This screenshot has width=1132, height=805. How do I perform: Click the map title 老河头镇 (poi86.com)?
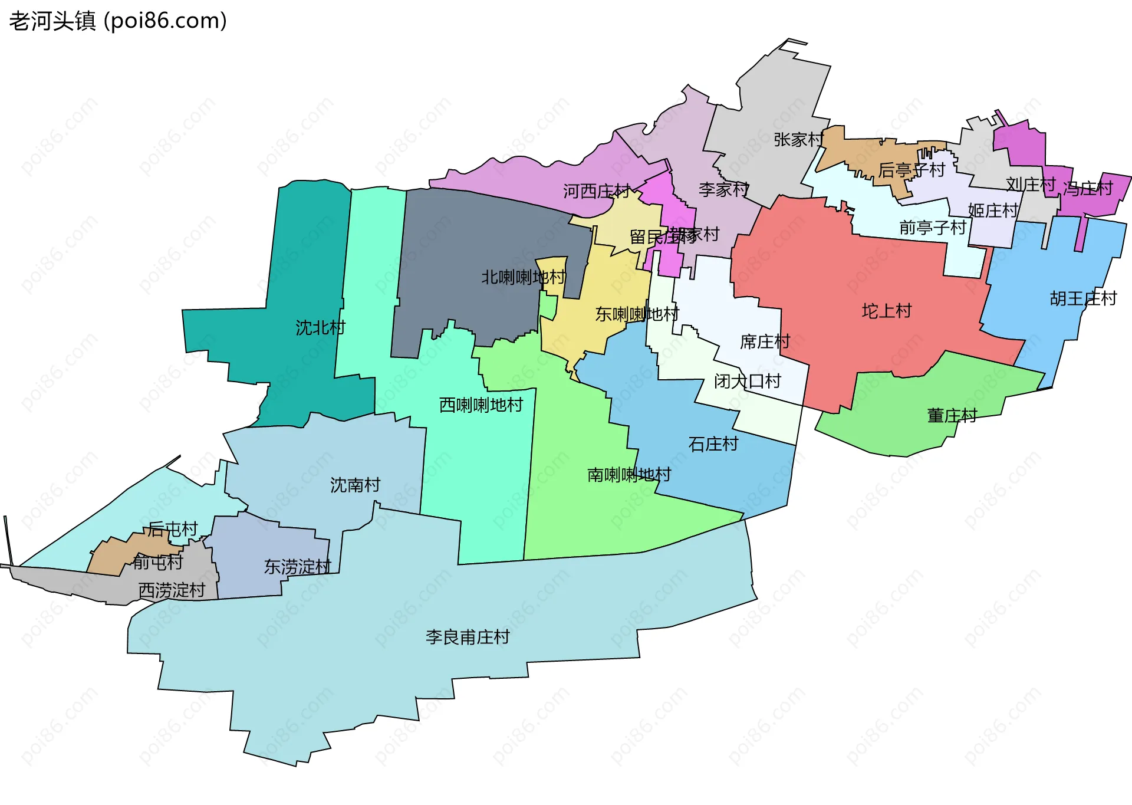[118, 21]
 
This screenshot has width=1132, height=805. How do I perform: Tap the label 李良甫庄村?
[468, 637]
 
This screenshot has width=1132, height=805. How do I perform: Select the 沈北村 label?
[320, 328]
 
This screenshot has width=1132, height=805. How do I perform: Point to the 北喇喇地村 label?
[524, 277]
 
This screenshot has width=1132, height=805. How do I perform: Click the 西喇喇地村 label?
[481, 405]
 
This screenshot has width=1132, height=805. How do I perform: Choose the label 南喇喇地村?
[629, 475]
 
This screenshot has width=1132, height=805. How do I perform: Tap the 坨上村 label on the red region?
[886, 311]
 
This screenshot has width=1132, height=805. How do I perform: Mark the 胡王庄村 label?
[1083, 298]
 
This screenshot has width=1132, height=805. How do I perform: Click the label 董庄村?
[952, 416]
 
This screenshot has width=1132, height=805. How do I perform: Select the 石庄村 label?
[713, 444]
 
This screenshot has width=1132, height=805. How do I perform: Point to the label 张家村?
[798, 140]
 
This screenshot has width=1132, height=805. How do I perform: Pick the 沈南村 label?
[355, 485]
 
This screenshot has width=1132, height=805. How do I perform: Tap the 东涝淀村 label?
[297, 567]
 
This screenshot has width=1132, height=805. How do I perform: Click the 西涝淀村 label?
[172, 590]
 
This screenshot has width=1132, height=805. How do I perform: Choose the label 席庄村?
[765, 341]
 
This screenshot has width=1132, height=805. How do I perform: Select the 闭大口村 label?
[747, 382]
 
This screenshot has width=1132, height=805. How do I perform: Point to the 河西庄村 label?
[596, 191]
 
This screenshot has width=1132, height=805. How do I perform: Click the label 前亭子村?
[932, 227]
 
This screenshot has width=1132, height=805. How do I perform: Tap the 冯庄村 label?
[1088, 189]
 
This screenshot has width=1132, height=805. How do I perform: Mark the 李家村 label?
[723, 189]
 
